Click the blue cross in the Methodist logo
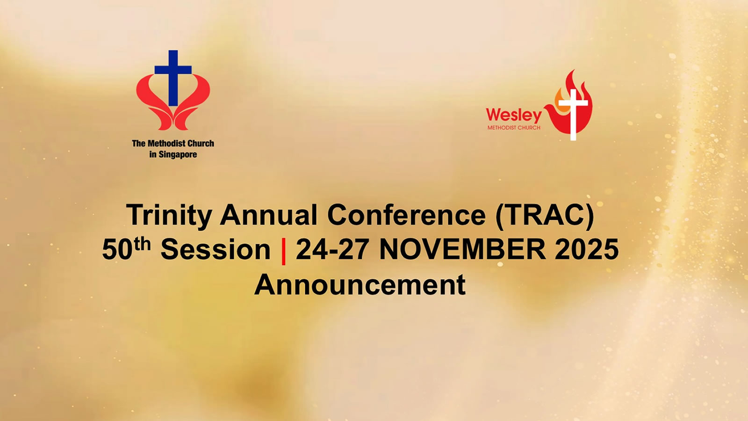173,78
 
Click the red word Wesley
514,115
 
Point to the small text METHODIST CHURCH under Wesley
514,128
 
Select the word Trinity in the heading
169,216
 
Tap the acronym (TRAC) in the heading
545,216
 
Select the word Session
216,250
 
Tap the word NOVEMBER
462,250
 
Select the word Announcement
360,285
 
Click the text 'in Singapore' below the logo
173,155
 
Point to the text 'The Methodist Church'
173,143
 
